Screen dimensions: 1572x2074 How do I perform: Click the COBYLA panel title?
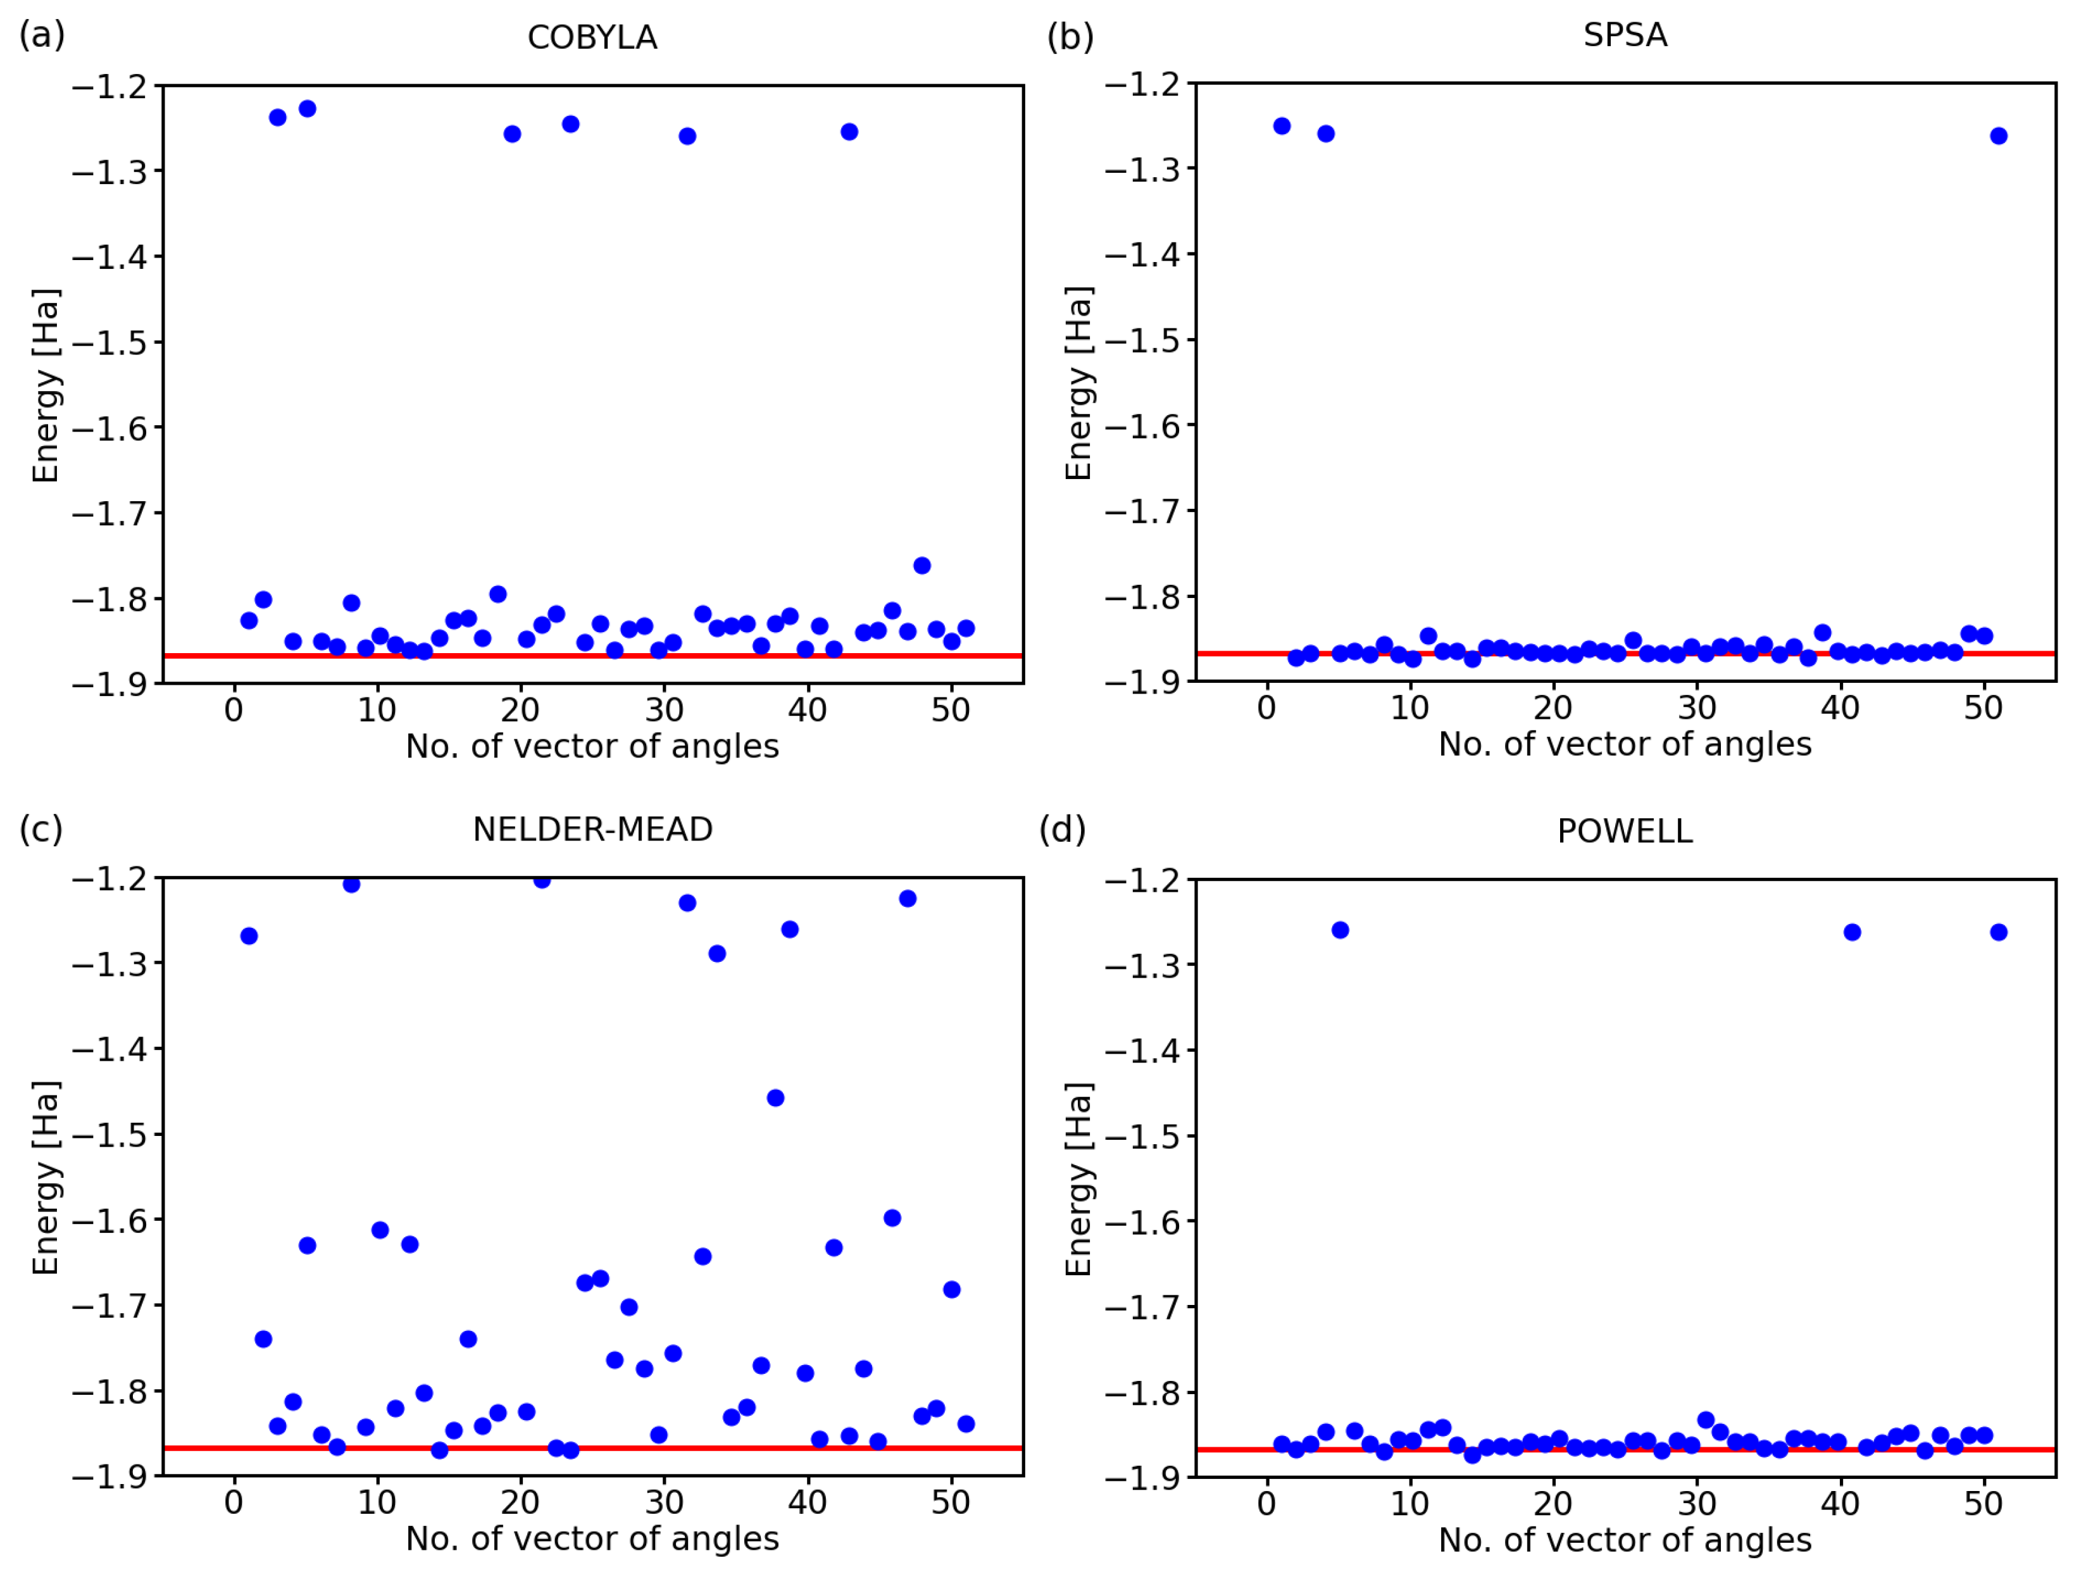coord(592,37)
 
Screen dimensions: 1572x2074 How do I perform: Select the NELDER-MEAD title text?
coord(592,830)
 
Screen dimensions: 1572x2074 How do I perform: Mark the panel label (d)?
coord(1061,830)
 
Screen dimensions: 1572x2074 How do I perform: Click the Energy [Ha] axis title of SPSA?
coord(1078,384)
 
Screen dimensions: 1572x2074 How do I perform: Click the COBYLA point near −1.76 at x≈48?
coord(921,565)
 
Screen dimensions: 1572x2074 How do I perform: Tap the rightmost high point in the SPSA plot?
coord(1998,136)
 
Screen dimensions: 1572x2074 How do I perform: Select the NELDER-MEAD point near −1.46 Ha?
coord(775,1098)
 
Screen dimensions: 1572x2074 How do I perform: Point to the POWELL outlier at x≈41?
coord(1852,932)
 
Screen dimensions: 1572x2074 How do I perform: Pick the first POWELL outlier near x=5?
coord(1340,930)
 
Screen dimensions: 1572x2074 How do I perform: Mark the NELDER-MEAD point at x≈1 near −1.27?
coord(249,935)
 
